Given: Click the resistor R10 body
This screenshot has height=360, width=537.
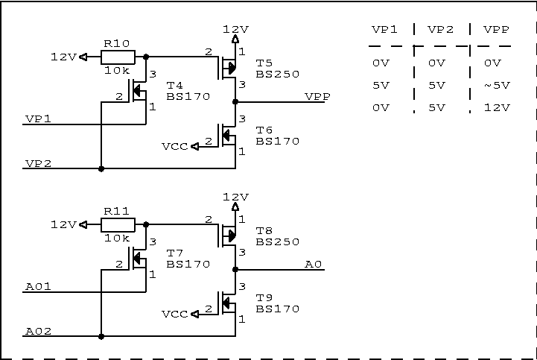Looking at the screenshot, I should point(118,57).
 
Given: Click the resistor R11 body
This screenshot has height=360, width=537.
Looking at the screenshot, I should point(118,224).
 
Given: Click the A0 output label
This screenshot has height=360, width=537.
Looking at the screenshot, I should point(314,265).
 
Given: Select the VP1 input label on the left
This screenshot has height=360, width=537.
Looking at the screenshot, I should point(38,119).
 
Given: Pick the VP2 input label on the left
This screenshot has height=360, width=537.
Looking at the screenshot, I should point(38,164).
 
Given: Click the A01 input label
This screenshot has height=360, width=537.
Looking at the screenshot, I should point(38,287).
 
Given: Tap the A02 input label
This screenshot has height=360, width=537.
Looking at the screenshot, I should point(38,332).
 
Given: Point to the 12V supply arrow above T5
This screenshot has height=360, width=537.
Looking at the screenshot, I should point(235,39).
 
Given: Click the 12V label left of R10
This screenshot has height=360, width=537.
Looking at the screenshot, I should point(63,57).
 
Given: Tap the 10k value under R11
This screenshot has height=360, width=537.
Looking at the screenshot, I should point(117,238).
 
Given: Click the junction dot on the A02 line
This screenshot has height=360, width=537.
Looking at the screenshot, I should point(101,336).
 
